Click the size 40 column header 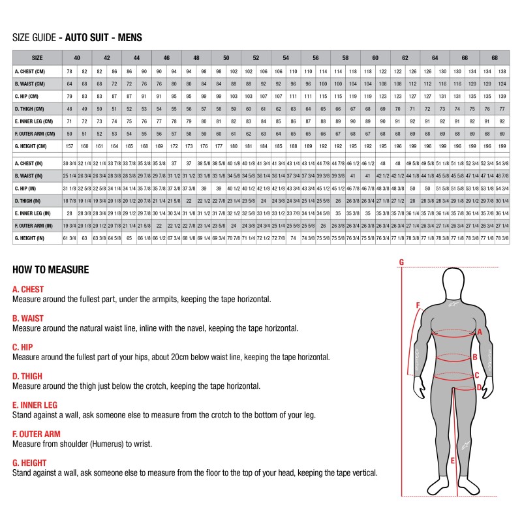tap(77, 57)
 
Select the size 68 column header tap(495, 57)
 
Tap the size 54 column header tap(286, 57)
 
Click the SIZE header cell tap(37, 57)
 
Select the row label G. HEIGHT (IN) tap(30, 238)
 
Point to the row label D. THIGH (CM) tap(29, 108)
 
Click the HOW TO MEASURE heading tap(50, 269)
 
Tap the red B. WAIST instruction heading tap(28, 318)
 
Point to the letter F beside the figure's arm tap(418, 305)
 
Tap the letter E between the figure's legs tap(451, 461)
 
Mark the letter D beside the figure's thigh tap(480, 387)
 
